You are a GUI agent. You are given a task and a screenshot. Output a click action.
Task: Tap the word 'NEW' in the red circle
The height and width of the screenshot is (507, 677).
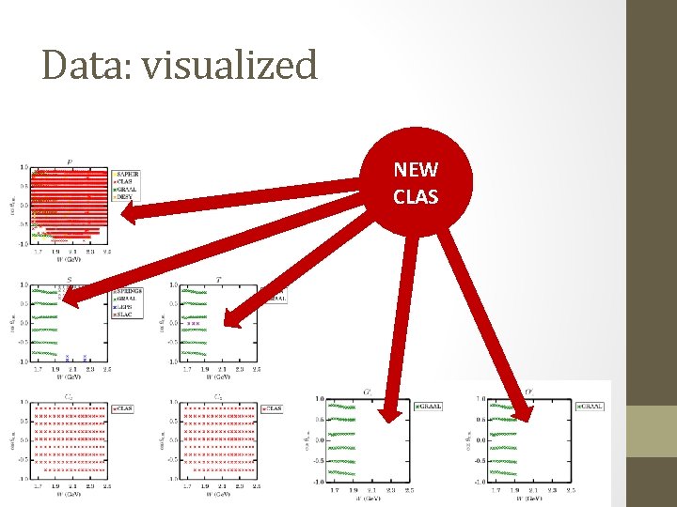[415, 170]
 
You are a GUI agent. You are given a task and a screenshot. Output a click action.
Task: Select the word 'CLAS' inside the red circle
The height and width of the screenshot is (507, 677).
[415, 197]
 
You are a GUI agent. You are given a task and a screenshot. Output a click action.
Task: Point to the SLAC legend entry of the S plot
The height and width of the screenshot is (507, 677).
[124, 314]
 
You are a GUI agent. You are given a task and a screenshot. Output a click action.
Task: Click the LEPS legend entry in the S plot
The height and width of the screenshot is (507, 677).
[124, 306]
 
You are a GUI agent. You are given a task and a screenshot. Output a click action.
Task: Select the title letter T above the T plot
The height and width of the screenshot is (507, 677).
[218, 279]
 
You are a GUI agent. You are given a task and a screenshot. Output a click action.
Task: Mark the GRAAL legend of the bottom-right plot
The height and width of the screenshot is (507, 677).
[590, 407]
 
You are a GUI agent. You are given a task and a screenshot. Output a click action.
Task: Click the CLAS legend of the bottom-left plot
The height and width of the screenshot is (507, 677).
[125, 408]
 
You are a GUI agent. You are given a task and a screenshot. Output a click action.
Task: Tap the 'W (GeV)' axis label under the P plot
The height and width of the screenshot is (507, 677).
[71, 259]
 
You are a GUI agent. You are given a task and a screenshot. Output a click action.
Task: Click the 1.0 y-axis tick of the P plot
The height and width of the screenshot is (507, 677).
[24, 168]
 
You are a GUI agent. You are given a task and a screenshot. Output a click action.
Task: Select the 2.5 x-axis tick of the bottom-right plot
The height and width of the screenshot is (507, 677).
[573, 490]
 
